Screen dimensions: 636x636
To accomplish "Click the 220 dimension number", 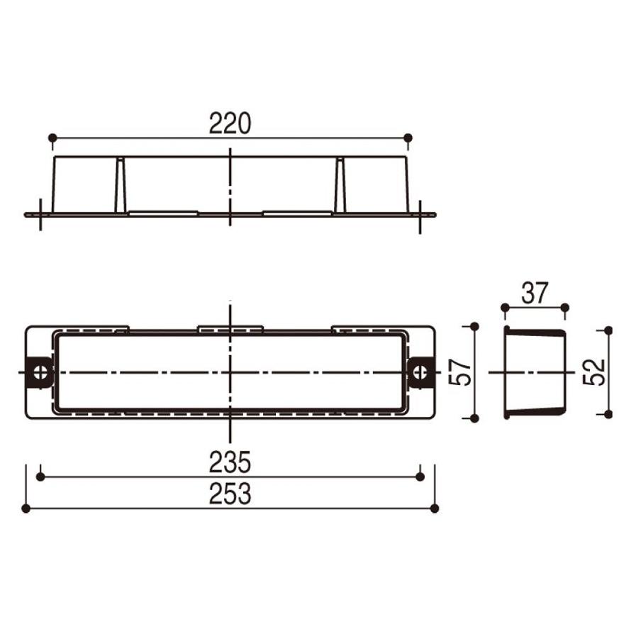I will coord(230,124).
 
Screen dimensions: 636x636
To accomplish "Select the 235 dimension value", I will coord(230,462).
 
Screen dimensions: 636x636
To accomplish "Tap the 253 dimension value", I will coord(230,495).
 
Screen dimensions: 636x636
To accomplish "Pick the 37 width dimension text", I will coord(535,293).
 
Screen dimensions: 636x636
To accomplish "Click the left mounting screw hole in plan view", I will coord(40,372).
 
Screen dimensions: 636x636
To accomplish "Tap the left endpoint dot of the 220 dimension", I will coord(52,137).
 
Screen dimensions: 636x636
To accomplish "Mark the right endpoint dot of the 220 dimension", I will coord(408,137).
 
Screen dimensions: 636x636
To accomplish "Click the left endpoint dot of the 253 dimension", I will coord(26,508).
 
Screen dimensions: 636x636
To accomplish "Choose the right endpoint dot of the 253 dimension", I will coord(435,508).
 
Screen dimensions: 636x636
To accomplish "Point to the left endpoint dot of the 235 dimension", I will coord(40,476).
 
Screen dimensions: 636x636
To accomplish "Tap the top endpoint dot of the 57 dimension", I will coord(474,325).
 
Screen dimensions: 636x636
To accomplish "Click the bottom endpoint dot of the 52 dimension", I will coord(608,413).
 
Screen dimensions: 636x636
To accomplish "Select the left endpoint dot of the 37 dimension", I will coord(505,307).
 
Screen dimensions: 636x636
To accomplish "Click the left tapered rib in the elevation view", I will coord(121,185).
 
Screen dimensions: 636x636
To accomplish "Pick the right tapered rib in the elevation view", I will coord(340,185).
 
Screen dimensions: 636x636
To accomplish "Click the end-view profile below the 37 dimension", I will coord(535,372).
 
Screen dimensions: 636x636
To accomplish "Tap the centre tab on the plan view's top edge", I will coord(230,328).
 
